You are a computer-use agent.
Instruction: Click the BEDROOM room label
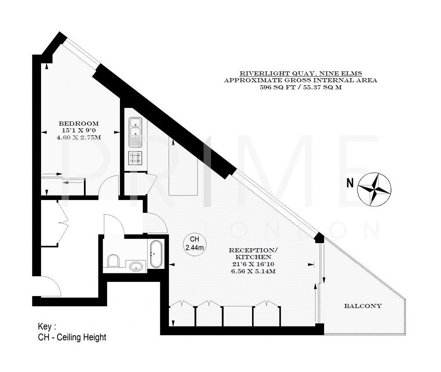pos(79,123)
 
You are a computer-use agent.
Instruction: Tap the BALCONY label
pos(363,306)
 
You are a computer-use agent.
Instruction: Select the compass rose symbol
pos(374,189)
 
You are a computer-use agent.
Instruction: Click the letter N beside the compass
pos(350,184)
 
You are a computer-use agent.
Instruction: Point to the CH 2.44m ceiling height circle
pos(195,243)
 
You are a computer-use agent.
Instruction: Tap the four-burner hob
pos(134,159)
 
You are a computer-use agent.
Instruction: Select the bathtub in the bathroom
pos(156,254)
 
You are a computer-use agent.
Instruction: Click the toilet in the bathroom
pos(112,261)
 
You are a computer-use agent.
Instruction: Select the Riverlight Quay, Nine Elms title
pos(300,73)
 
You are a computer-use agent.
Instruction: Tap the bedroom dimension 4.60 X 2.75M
pos(79,137)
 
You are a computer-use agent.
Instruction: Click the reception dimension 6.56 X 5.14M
pos(253,271)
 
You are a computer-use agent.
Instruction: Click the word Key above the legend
pos(47,326)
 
